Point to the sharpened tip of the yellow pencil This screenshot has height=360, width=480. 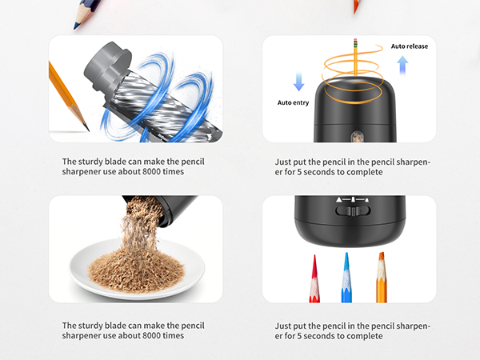pyautogui.click(x=84, y=125)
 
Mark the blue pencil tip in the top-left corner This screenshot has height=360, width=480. pyautogui.click(x=78, y=25)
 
